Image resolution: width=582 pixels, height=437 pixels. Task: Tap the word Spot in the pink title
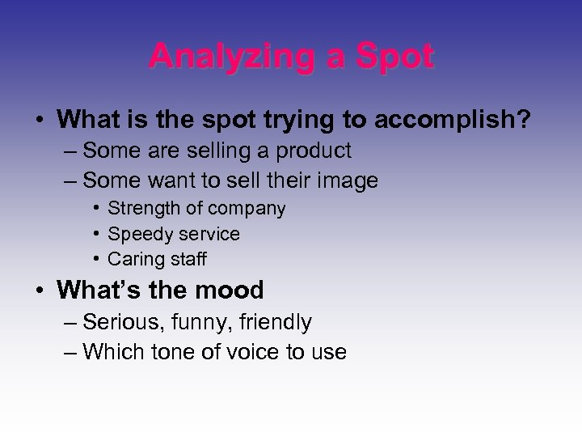(394, 56)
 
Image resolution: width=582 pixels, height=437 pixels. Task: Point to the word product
(311, 151)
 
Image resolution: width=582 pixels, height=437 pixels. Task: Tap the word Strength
(142, 209)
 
